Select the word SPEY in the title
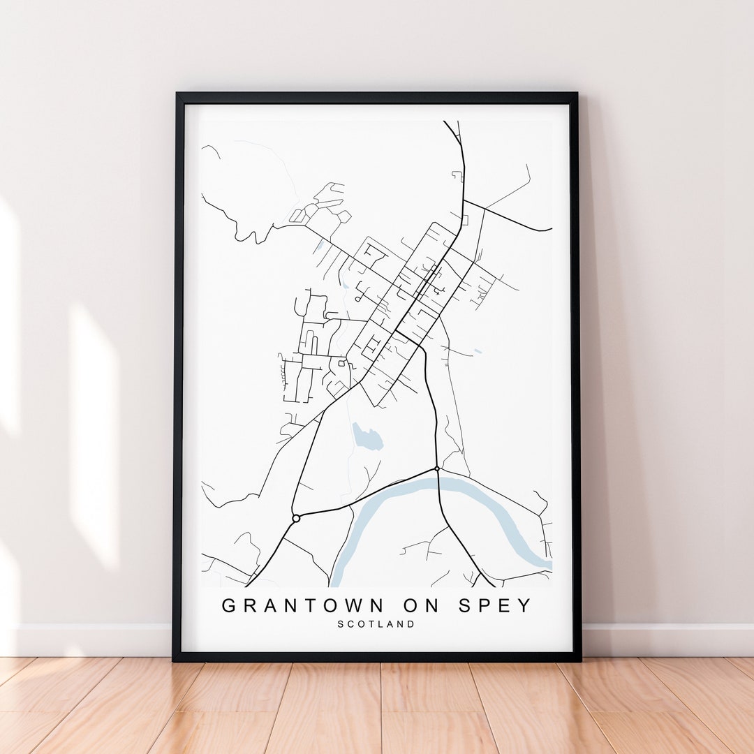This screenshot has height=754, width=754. pyautogui.click(x=496, y=606)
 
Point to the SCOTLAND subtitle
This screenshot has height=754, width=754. pyautogui.click(x=376, y=624)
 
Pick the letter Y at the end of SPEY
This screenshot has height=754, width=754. pyautogui.click(x=525, y=606)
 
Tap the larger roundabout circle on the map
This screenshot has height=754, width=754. pyautogui.click(x=296, y=518)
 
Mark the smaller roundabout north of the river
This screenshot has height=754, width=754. pyautogui.click(x=437, y=468)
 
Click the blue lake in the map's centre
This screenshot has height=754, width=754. pyautogui.click(x=367, y=437)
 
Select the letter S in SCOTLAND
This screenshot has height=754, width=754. pyautogui.click(x=341, y=624)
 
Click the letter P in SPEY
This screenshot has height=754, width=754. pyautogui.click(x=485, y=606)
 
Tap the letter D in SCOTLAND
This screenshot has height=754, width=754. pyautogui.click(x=411, y=624)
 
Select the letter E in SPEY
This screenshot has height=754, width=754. pyautogui.click(x=505, y=606)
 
